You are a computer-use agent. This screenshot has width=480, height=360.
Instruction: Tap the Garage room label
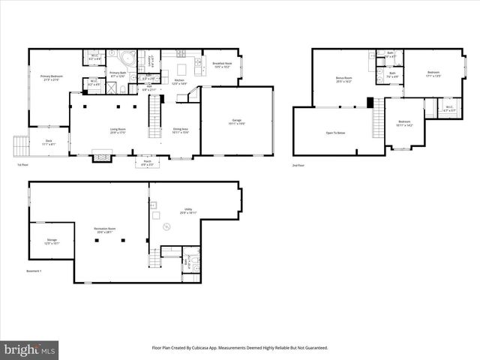236,121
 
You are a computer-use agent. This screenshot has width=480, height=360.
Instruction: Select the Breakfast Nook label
221,64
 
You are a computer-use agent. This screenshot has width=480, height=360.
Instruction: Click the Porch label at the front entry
146,163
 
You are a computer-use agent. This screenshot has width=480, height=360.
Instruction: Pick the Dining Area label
180,130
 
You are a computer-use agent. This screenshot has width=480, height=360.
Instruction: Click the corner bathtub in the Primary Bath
126,58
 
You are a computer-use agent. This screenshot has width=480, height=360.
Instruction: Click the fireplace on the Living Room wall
100,157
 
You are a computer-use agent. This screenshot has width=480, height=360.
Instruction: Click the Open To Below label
335,133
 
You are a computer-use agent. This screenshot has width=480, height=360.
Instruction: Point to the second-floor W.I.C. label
448,109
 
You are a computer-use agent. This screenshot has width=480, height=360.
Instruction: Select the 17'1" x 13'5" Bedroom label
433,74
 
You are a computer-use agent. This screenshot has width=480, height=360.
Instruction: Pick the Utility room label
188,211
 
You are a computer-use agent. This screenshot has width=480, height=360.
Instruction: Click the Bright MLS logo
30,349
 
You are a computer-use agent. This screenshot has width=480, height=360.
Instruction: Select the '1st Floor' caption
23,165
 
